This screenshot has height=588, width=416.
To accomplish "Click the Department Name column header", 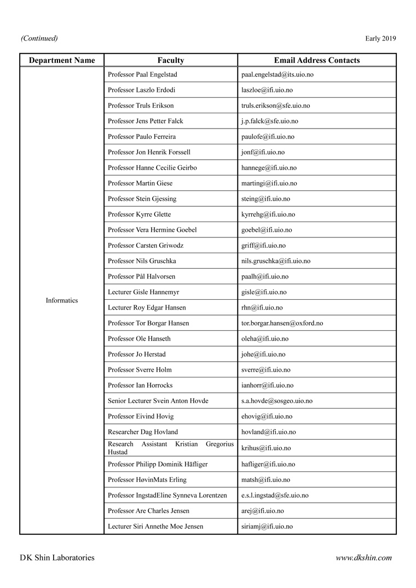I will (x=62, y=60).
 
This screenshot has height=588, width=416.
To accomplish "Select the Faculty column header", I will (x=171, y=60).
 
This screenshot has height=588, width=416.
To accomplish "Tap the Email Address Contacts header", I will (x=317, y=60).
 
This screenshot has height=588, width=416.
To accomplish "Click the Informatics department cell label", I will (x=62, y=300).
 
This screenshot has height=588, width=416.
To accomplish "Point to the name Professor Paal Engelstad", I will (x=142, y=74).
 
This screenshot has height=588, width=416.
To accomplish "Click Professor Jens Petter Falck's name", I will (x=146, y=121).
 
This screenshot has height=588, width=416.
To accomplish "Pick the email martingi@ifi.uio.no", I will (x=269, y=183).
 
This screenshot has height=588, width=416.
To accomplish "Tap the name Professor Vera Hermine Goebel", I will (x=152, y=230).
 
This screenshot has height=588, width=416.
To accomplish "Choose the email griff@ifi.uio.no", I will (x=263, y=246).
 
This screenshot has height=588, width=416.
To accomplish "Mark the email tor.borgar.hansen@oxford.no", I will (x=282, y=323).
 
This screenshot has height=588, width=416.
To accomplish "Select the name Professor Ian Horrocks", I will (x=141, y=385).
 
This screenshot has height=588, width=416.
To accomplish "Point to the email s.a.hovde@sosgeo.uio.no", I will (x=277, y=401).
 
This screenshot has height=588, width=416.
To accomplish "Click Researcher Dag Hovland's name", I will (x=143, y=432).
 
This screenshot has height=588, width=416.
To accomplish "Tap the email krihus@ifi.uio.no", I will (x=266, y=448).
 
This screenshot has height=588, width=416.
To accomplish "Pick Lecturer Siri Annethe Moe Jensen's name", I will (x=155, y=526).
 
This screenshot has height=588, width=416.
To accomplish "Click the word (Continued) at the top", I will (x=39, y=38).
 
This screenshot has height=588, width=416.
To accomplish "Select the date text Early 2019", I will (x=380, y=38).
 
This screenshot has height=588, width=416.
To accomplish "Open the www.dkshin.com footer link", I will (x=363, y=558).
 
